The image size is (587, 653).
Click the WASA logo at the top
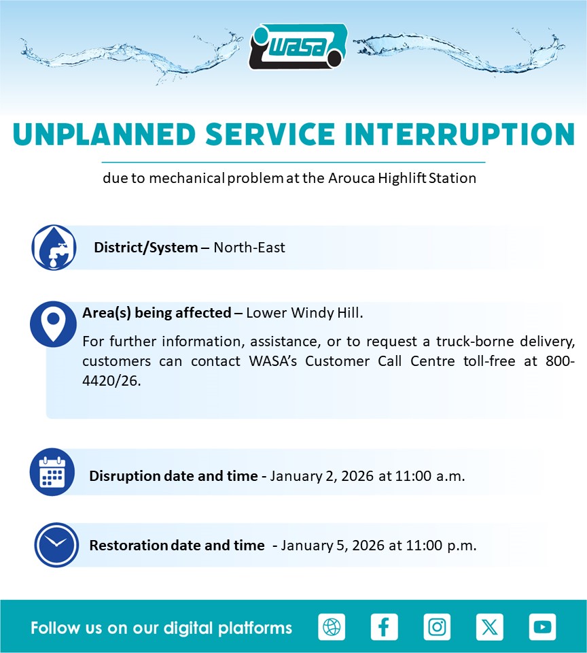[x=298, y=47]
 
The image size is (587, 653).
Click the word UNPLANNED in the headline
[x=104, y=135]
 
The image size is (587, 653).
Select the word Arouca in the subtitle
[x=351, y=178]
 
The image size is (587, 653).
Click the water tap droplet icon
[x=54, y=248]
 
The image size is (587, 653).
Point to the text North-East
[x=249, y=248]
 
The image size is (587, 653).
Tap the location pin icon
[x=53, y=324]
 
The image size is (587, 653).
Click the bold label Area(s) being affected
[x=157, y=312]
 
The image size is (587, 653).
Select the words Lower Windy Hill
[x=304, y=312]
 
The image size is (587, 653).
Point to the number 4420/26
[x=111, y=380]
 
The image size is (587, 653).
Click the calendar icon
[x=52, y=472]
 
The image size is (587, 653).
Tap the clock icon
[x=56, y=545]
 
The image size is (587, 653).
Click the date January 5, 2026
[x=332, y=545]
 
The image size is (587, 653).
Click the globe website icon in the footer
[x=332, y=626]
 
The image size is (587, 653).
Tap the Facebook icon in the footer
[x=385, y=626]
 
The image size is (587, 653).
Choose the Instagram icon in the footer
[x=437, y=626]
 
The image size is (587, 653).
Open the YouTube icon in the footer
[x=542, y=626]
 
